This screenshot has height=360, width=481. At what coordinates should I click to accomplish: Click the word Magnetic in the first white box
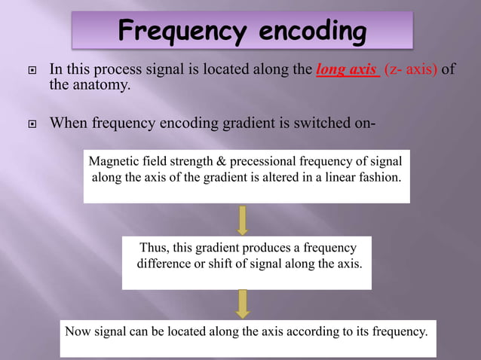tap(113, 161)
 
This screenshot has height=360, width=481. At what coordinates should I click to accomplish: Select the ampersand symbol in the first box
tap(231, 161)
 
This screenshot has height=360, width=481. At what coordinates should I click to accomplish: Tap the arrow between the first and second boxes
tap(243, 219)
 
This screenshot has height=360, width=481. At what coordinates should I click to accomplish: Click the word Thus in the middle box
tap(155, 248)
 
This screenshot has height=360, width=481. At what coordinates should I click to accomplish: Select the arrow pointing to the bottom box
tap(243, 304)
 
